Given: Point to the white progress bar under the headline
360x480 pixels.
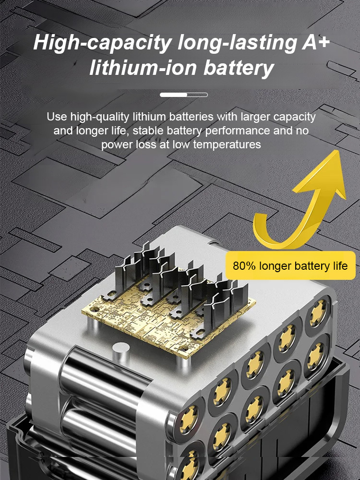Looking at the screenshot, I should [x=183, y=95].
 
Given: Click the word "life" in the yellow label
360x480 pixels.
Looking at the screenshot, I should [x=338, y=266].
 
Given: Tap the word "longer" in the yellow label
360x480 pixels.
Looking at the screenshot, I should [x=275, y=266].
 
